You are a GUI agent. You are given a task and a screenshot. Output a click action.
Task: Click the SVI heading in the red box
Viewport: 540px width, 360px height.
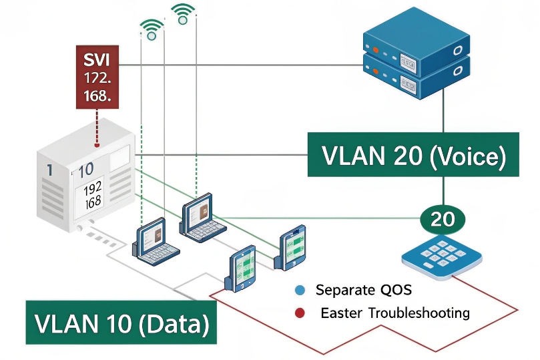[x=97, y=59]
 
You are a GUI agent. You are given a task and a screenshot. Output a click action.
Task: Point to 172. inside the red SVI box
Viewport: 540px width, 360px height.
[x=97, y=77]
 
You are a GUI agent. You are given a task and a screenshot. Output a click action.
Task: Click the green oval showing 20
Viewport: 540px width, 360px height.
[x=443, y=218]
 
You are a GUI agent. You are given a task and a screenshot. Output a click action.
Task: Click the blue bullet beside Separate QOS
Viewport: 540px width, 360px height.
[x=300, y=290]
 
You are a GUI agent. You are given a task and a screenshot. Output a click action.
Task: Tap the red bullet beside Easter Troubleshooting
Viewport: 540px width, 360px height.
[x=300, y=313]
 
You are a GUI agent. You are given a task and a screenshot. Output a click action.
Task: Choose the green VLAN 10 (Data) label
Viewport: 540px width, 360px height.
[x=121, y=323]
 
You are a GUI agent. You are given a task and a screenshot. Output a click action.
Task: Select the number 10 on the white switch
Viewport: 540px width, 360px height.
[x=85, y=170]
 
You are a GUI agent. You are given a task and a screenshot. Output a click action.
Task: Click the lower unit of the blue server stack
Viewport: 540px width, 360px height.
[x=415, y=75]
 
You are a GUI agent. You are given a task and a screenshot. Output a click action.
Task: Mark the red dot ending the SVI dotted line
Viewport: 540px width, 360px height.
[x=97, y=144]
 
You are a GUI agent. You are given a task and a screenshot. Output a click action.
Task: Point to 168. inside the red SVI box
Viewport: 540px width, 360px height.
[x=97, y=96]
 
